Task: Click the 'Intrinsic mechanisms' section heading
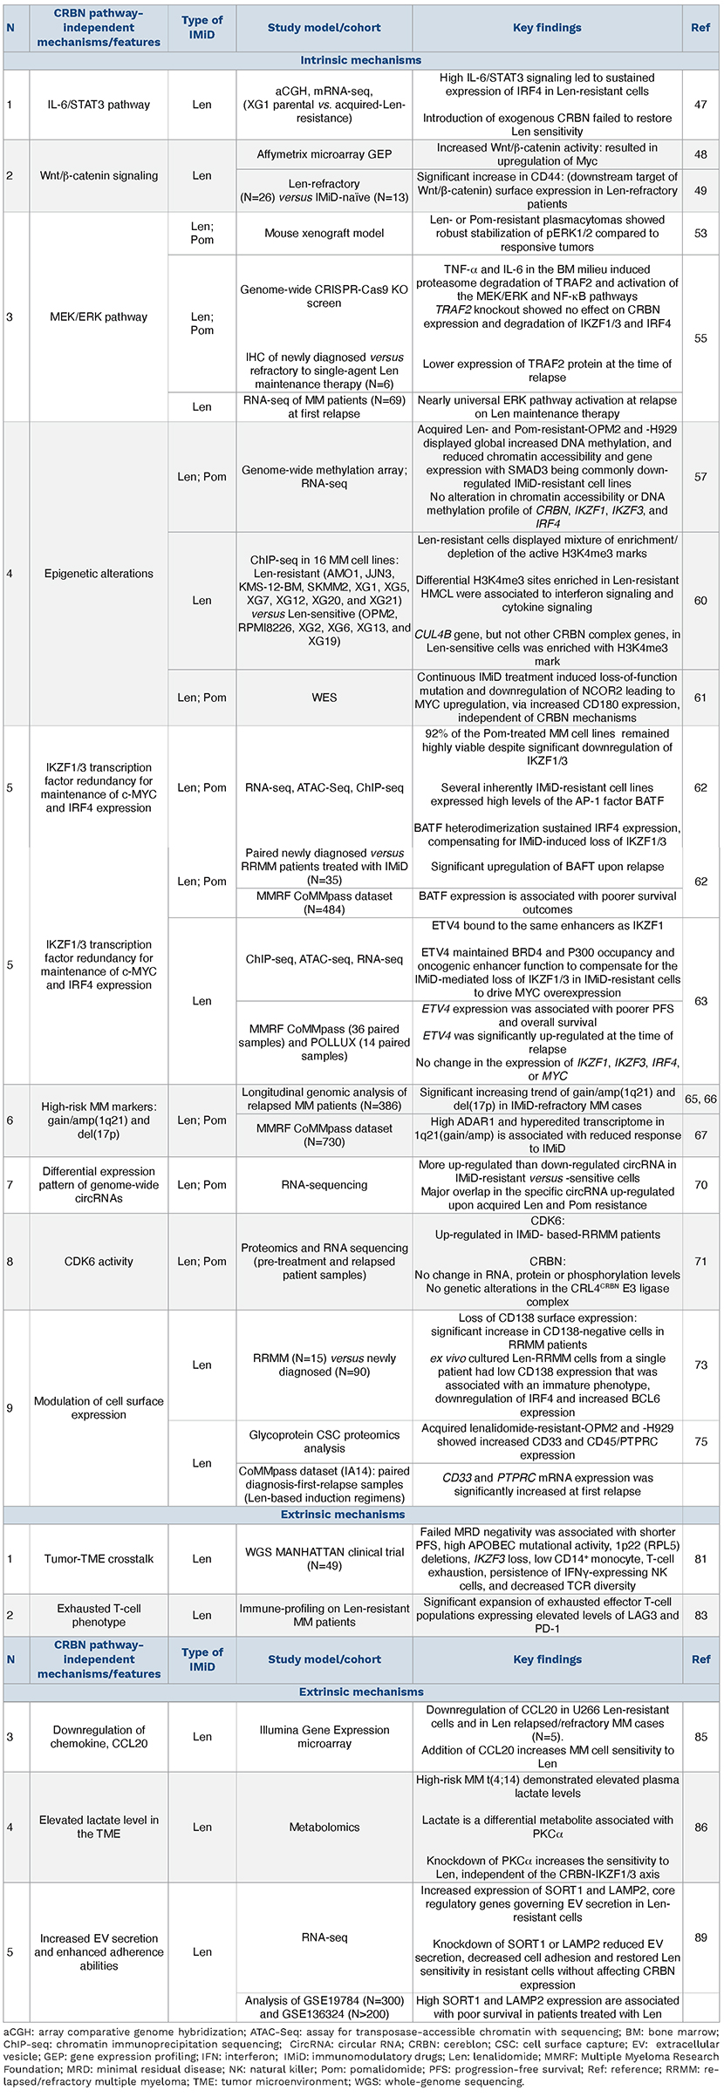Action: click(x=360, y=60)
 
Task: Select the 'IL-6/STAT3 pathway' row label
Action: click(x=99, y=105)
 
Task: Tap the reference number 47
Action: click(x=700, y=105)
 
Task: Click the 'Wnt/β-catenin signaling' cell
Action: click(x=99, y=175)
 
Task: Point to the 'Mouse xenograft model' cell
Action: click(x=324, y=234)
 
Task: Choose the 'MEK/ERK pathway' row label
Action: click(x=99, y=317)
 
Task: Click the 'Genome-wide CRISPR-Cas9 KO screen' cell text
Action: click(x=324, y=297)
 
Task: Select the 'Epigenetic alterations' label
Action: click(x=99, y=574)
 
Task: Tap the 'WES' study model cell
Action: click(x=324, y=698)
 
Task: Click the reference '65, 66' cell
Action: click(x=700, y=1100)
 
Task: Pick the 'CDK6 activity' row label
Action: click(x=99, y=1262)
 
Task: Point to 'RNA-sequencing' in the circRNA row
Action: click(x=324, y=1185)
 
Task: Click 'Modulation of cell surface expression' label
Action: click(x=99, y=1407)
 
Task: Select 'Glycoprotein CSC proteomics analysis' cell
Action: click(x=324, y=1441)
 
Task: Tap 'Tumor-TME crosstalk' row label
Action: click(x=99, y=1558)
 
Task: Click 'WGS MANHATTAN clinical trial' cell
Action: click(x=324, y=1558)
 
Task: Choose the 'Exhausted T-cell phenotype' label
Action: click(x=99, y=1616)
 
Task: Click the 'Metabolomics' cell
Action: click(x=324, y=1827)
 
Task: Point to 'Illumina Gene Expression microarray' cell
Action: click(x=324, y=1737)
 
